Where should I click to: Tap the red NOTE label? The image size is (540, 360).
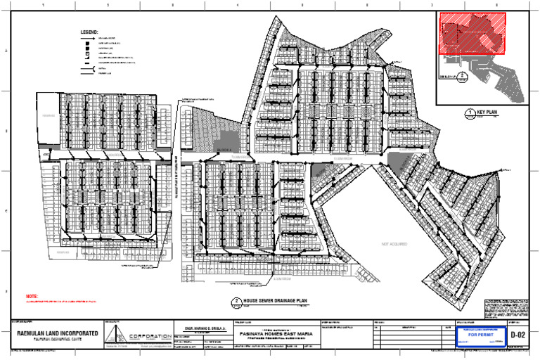(x=31, y=297)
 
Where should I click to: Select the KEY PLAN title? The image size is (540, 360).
(x=487, y=112)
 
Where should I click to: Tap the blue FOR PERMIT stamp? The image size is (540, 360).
(x=482, y=335)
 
